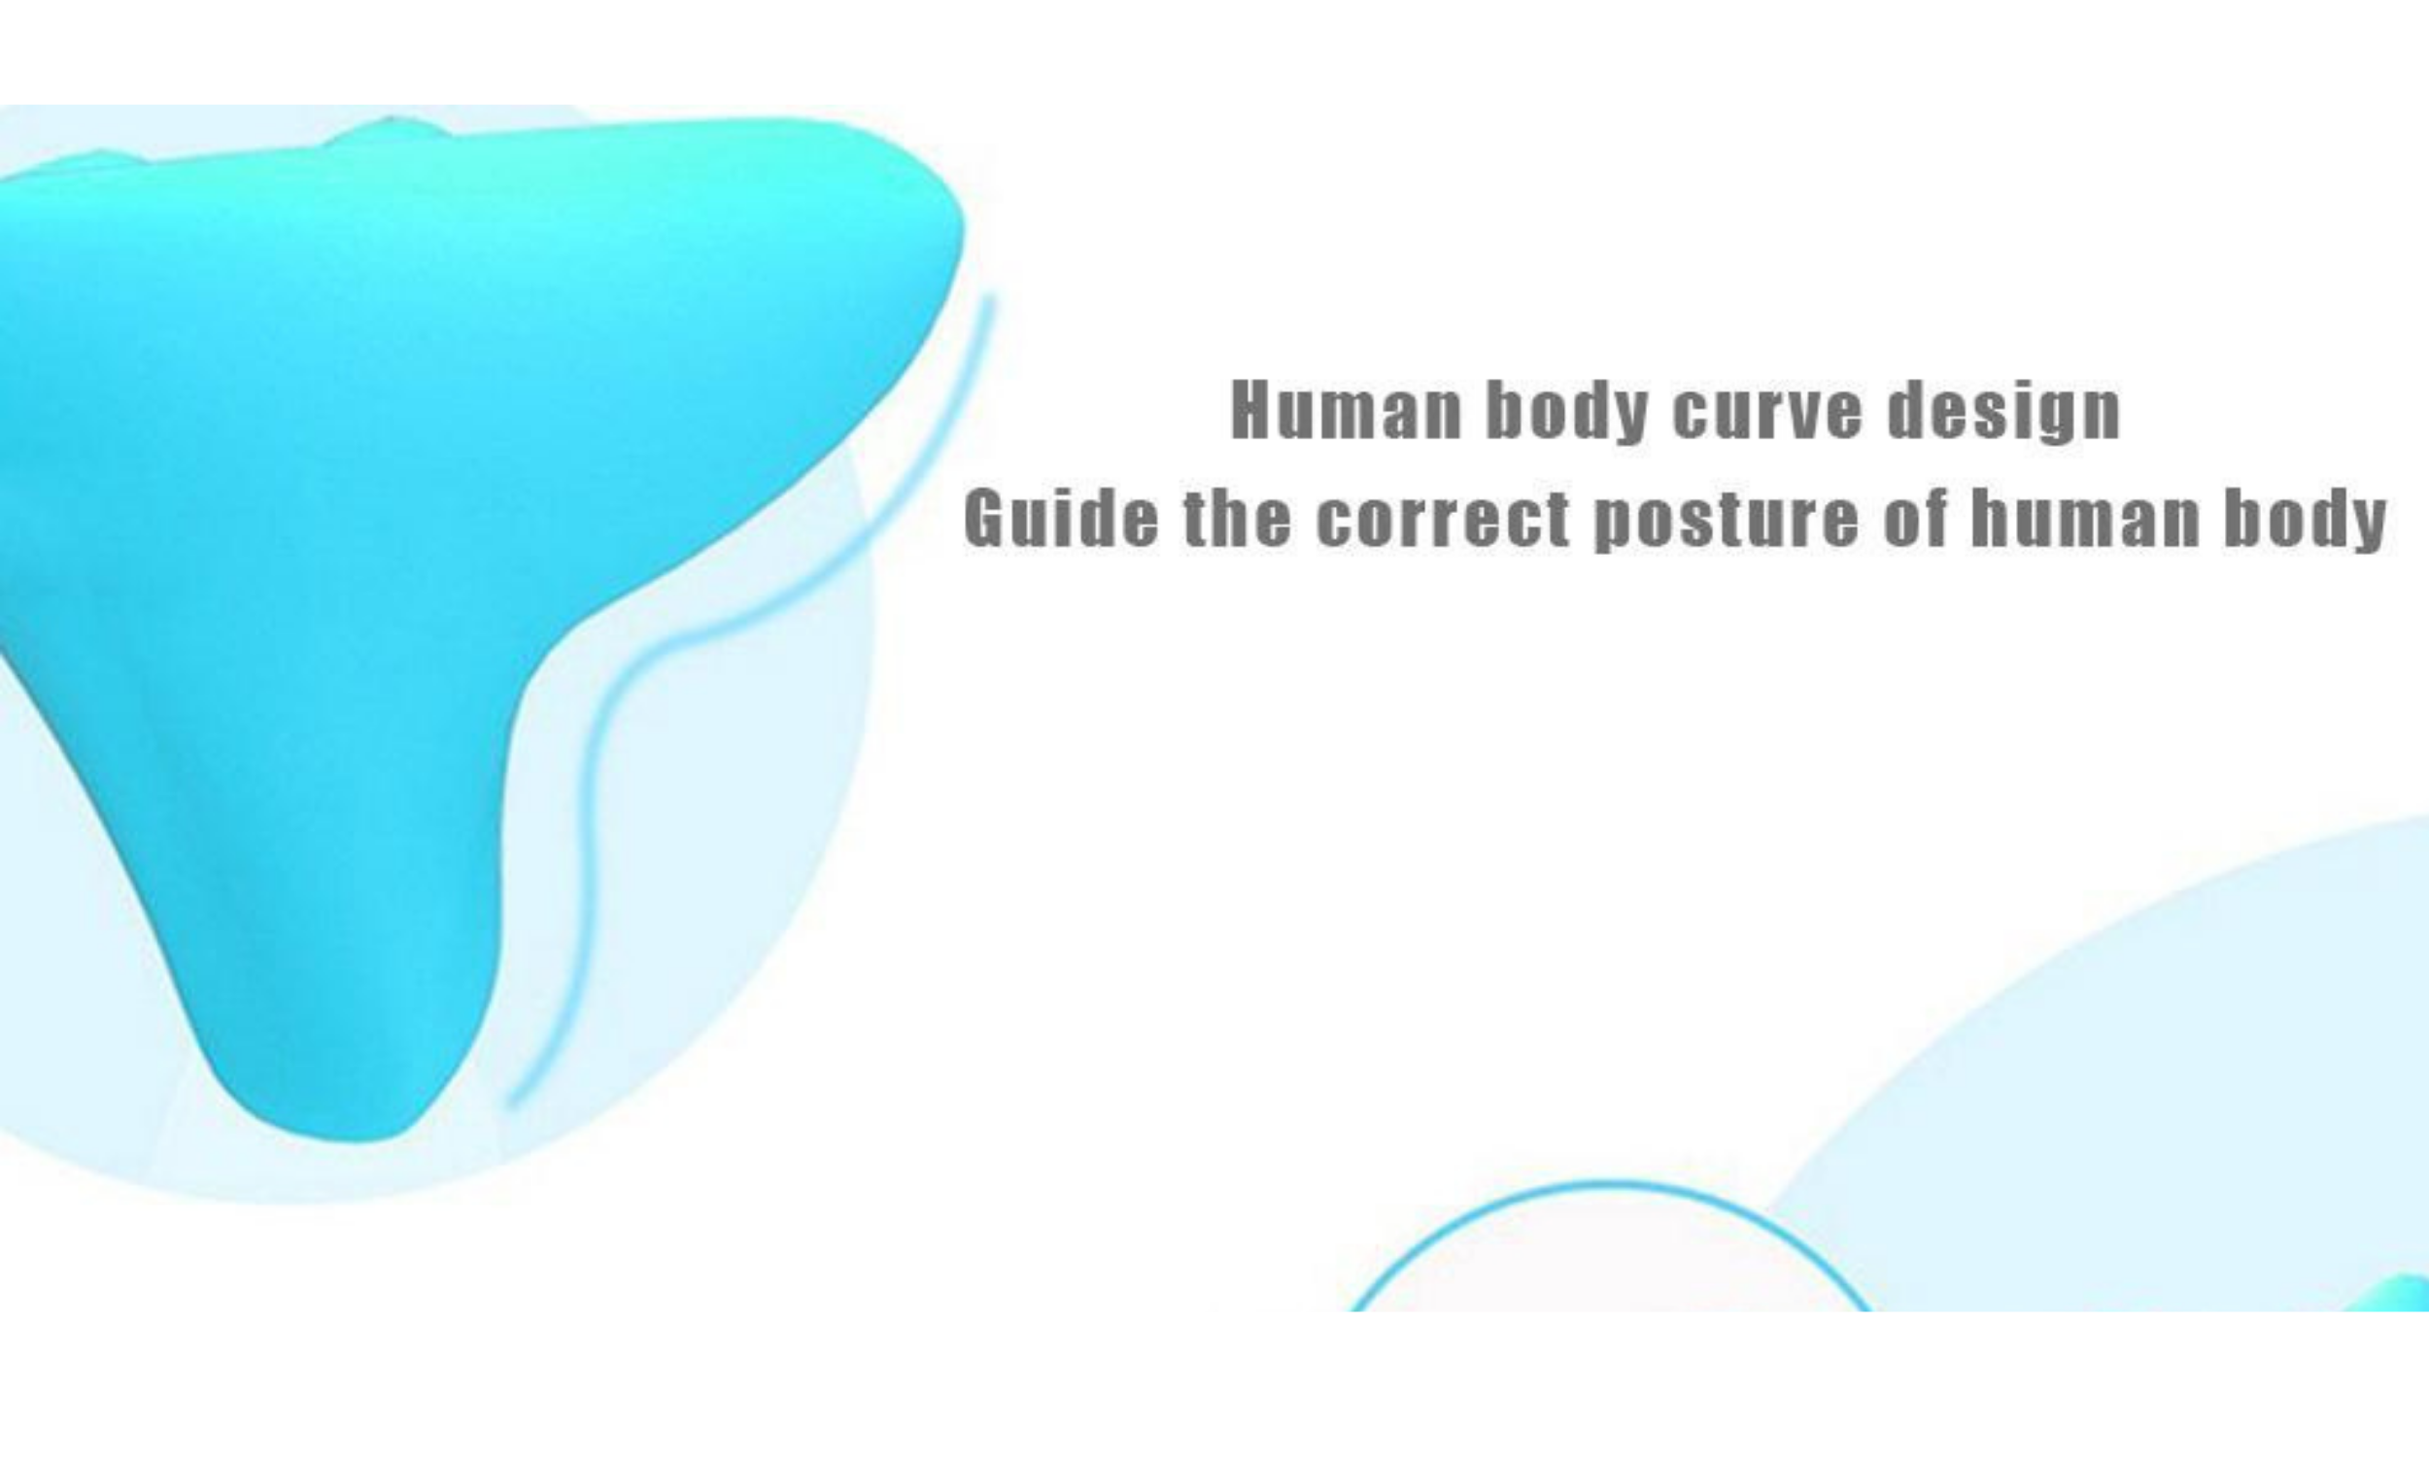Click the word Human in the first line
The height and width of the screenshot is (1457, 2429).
pos(1346,411)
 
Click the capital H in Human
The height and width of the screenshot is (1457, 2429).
pos(1250,411)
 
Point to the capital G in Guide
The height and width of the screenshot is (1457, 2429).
pos(985,518)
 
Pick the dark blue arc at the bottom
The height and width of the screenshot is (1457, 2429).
pos(1610,1184)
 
